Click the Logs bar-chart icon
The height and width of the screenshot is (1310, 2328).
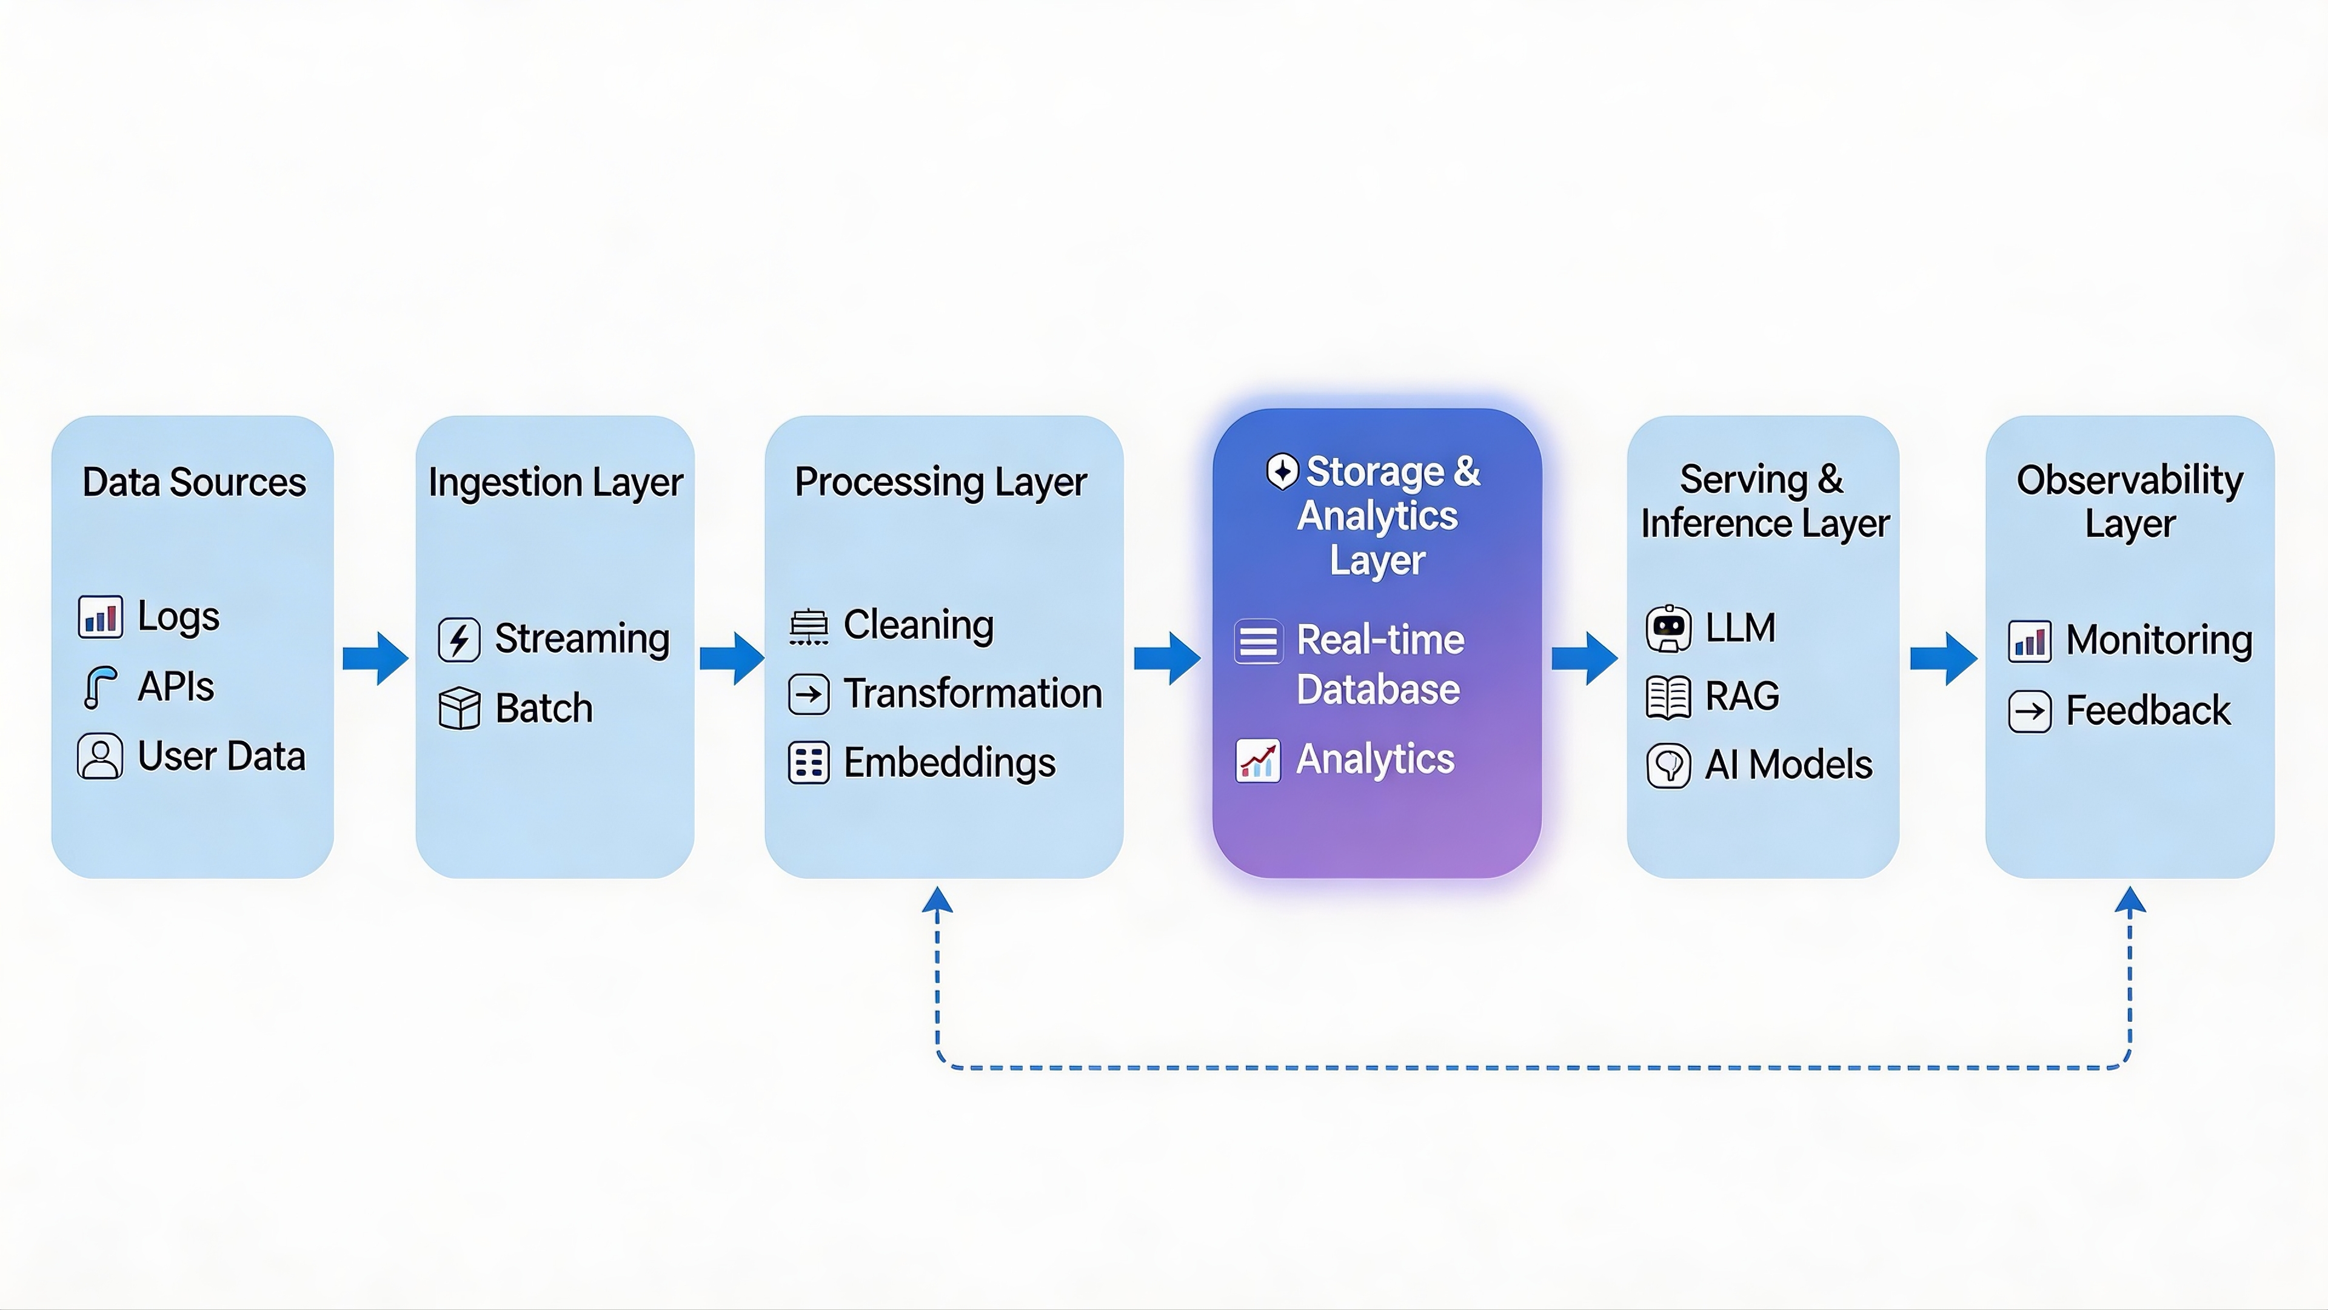(x=100, y=617)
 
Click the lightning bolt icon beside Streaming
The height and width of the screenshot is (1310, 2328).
(x=459, y=640)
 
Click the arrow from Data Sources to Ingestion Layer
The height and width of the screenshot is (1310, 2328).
(x=375, y=658)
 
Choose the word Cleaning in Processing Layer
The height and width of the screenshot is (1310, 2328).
(x=918, y=625)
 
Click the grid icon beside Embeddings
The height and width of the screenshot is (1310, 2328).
(x=809, y=763)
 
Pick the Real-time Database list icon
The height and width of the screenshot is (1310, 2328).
(x=1258, y=642)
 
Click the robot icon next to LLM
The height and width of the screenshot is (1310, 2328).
(x=1668, y=628)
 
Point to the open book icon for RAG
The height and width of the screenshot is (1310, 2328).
(x=1668, y=697)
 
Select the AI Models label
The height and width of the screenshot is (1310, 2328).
(x=1788, y=765)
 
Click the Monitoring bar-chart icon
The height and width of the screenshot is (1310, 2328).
(x=2030, y=642)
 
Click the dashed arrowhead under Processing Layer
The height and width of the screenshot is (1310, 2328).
(x=937, y=901)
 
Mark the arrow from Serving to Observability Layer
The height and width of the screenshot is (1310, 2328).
(x=1943, y=658)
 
